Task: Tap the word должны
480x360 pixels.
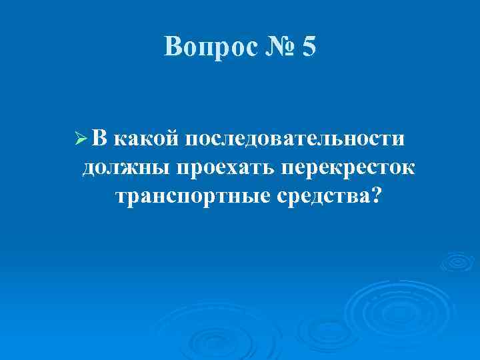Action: point(125,167)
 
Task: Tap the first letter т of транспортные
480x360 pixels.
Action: point(121,197)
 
